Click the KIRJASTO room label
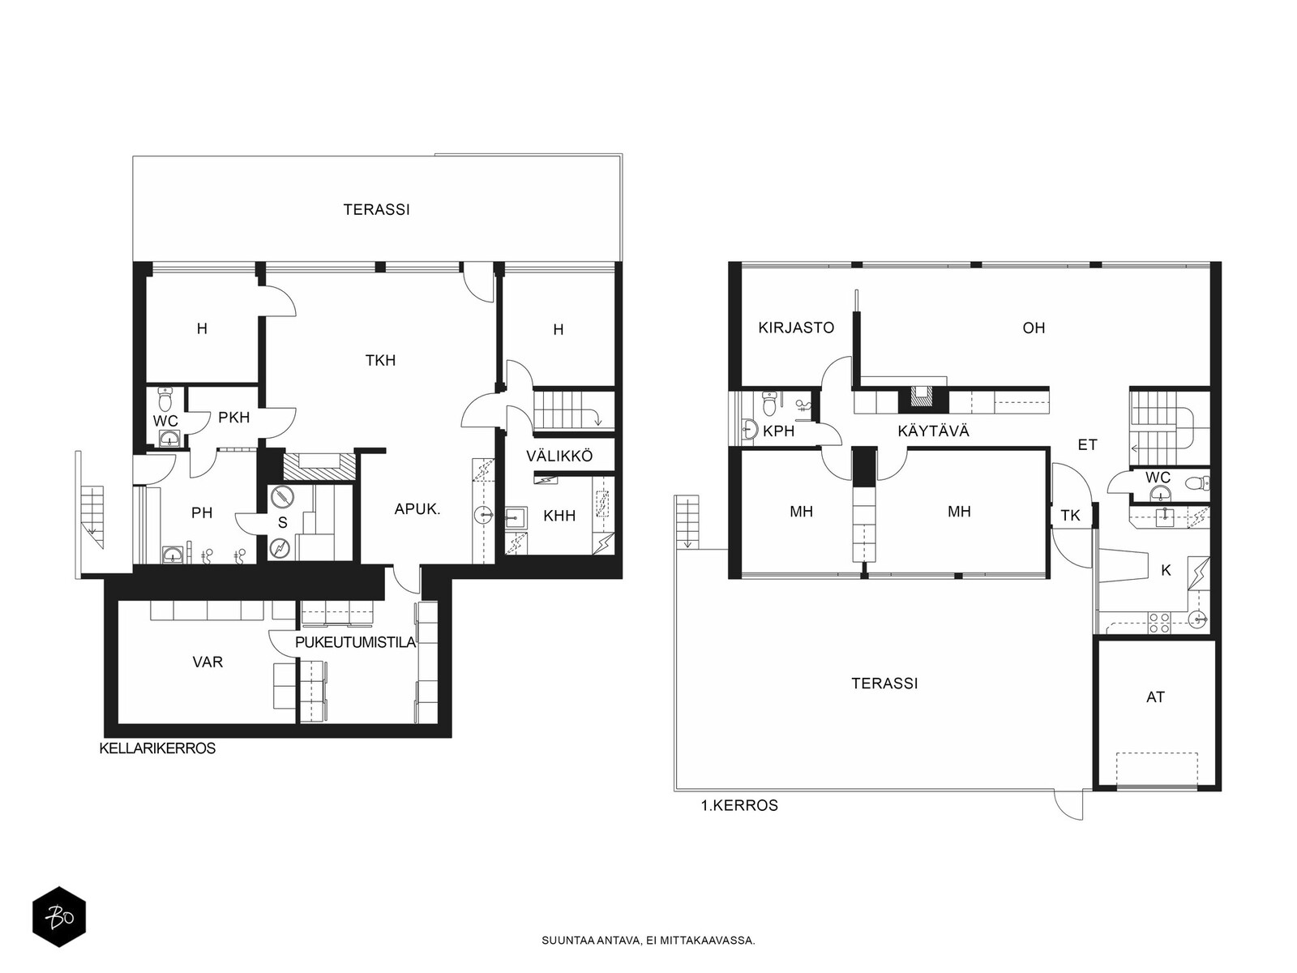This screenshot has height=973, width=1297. coord(796,328)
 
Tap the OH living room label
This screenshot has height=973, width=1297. coord(1034,328)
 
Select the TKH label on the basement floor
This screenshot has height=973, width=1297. coord(380,360)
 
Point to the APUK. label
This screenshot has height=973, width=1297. coord(417,509)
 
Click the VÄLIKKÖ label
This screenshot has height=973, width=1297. coord(559,456)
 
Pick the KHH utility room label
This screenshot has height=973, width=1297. coord(559,516)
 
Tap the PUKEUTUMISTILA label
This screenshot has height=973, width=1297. coord(356,642)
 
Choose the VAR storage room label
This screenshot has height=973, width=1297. coord(208,662)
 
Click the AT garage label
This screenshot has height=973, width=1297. coord(1155,697)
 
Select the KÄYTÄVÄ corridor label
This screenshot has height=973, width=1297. coord(934,431)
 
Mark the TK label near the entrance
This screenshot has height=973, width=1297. coord(1070,516)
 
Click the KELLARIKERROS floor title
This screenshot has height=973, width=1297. coord(157,748)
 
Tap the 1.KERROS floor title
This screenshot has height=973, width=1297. coord(739,805)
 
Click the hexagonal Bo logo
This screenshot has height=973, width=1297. coord(59,917)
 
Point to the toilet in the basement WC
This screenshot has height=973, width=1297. coord(165,399)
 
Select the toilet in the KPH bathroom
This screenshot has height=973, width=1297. coord(769,403)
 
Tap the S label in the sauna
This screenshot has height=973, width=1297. coord(283,522)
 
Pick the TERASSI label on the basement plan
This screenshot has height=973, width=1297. coord(377,210)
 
